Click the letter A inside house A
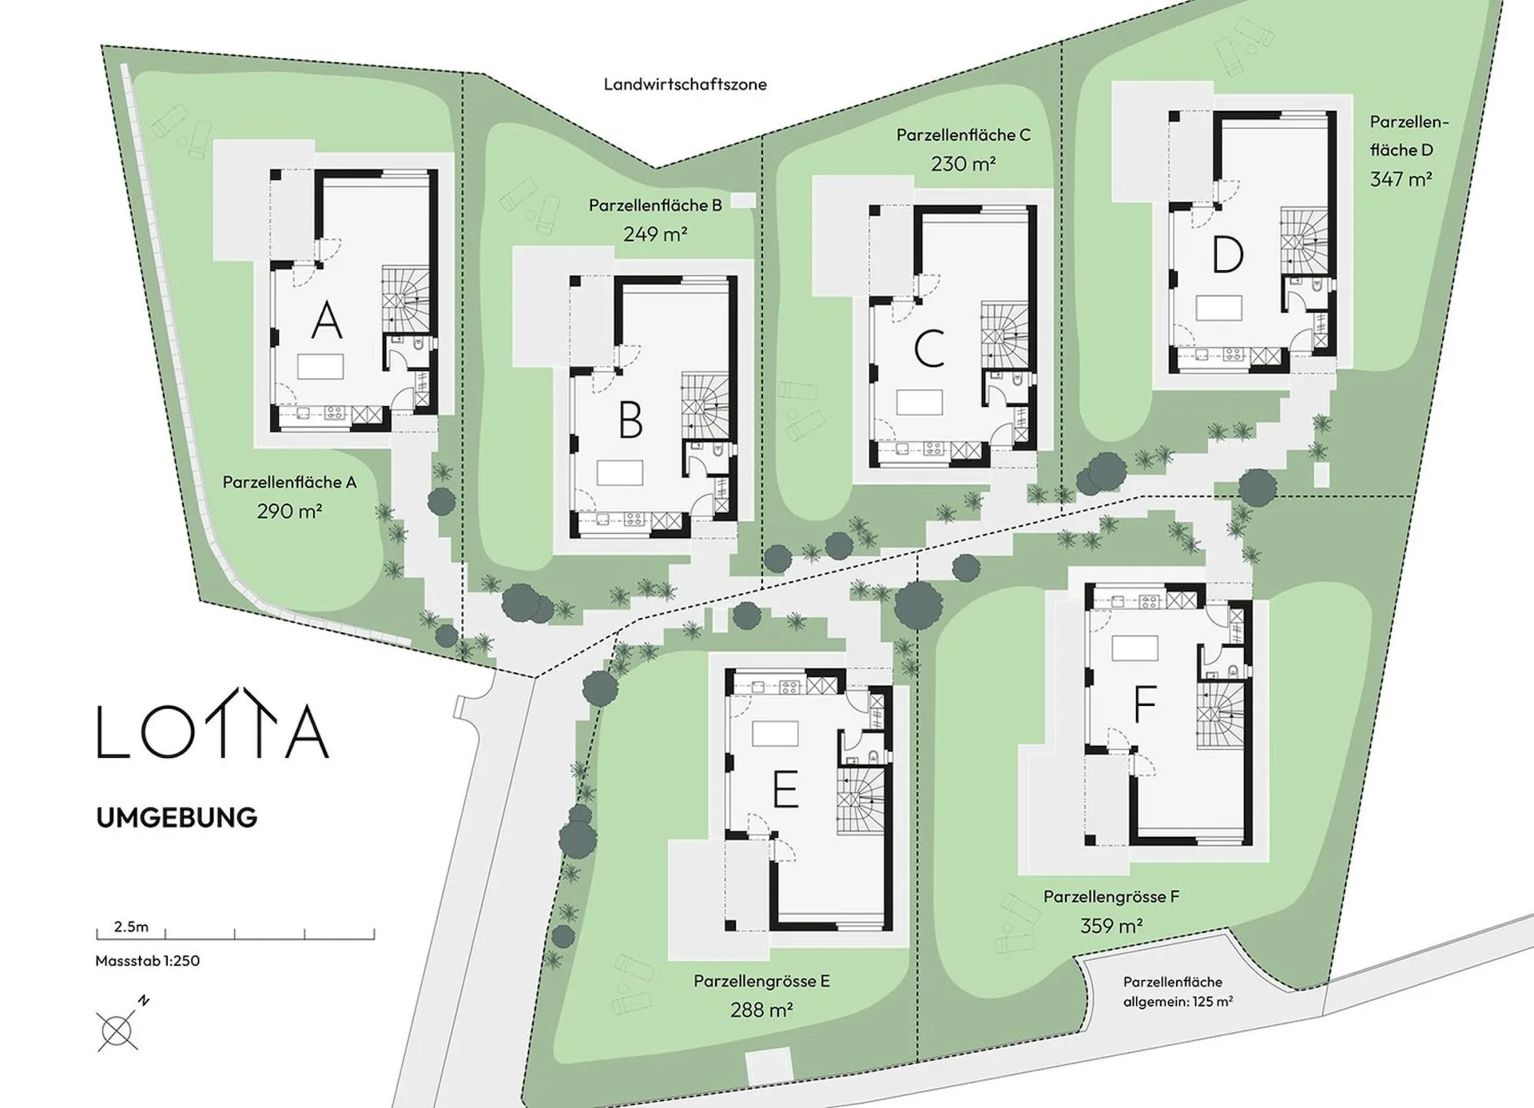[326, 321]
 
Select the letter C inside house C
[929, 349]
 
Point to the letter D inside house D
[1227, 255]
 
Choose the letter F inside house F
[1144, 704]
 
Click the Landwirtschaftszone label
[685, 84]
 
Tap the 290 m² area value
[289, 511]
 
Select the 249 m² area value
[655, 234]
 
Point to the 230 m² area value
[963, 164]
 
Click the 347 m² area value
[1401, 179]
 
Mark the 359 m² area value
[1111, 926]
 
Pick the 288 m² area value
[761, 1010]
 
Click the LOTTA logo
[213, 723]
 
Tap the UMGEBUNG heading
[177, 817]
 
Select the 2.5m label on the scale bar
[131, 927]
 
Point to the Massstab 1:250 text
[148, 960]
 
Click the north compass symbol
[120, 1026]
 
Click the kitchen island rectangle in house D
[1218, 308]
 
